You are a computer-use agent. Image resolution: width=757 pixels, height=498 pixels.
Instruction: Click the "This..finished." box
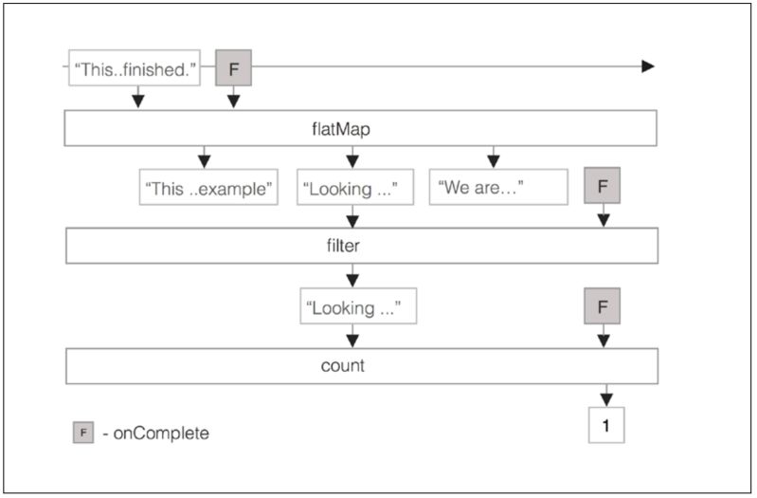[135, 68]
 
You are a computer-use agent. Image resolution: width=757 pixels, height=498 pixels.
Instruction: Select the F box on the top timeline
[234, 68]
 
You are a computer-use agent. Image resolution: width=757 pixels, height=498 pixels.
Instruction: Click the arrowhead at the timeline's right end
[648, 66]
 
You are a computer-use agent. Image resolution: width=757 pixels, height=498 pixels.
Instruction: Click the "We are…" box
[498, 188]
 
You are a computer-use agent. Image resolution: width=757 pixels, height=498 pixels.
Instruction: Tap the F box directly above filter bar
[603, 186]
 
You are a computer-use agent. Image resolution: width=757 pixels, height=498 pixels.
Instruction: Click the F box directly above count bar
[603, 306]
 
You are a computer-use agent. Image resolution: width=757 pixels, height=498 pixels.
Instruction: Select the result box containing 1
[606, 425]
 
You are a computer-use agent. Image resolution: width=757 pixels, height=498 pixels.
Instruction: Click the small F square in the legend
[83, 433]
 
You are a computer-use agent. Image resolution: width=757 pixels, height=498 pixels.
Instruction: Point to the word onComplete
[162, 433]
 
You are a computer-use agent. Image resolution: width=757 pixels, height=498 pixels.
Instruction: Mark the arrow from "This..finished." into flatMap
[136, 97]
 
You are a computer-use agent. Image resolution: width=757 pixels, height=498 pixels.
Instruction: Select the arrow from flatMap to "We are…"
[493, 157]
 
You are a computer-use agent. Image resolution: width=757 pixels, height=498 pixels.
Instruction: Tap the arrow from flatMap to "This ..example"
[204, 157]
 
